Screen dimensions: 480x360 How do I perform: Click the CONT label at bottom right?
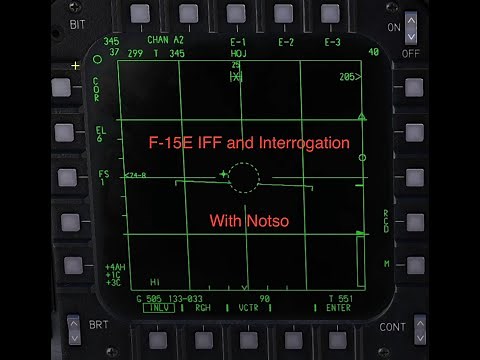pyautogui.click(x=393, y=327)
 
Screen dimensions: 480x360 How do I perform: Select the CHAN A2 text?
pyautogui.click(x=165, y=40)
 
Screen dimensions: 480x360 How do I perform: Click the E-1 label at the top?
pyautogui.click(x=237, y=41)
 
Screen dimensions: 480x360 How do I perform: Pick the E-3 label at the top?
pyautogui.click(x=332, y=41)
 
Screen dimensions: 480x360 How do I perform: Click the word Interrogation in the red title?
pyautogui.click(x=300, y=143)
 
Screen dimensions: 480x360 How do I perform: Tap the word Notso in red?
pyautogui.click(x=268, y=220)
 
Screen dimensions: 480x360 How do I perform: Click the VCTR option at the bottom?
pyautogui.click(x=249, y=307)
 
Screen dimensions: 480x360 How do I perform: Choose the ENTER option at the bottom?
pyautogui.click(x=338, y=307)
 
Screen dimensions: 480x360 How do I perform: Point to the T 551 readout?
pyautogui.click(x=339, y=298)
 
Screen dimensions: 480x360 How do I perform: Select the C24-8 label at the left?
pyautogui.click(x=136, y=175)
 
